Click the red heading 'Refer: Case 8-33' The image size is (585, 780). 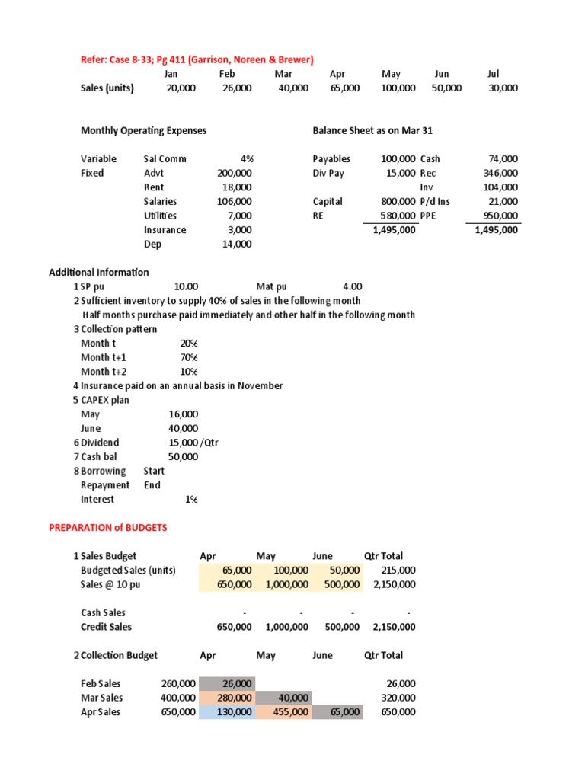point(197,59)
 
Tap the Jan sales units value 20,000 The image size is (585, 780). point(181,88)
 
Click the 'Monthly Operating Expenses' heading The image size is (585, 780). point(143,130)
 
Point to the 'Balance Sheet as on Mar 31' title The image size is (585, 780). point(372,130)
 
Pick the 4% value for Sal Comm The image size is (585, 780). point(246,159)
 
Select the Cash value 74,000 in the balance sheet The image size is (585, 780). point(503,159)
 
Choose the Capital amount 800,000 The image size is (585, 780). point(398,202)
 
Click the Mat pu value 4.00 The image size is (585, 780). point(352,286)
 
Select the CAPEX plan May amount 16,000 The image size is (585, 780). point(184,414)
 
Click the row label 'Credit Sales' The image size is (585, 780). point(106,627)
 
